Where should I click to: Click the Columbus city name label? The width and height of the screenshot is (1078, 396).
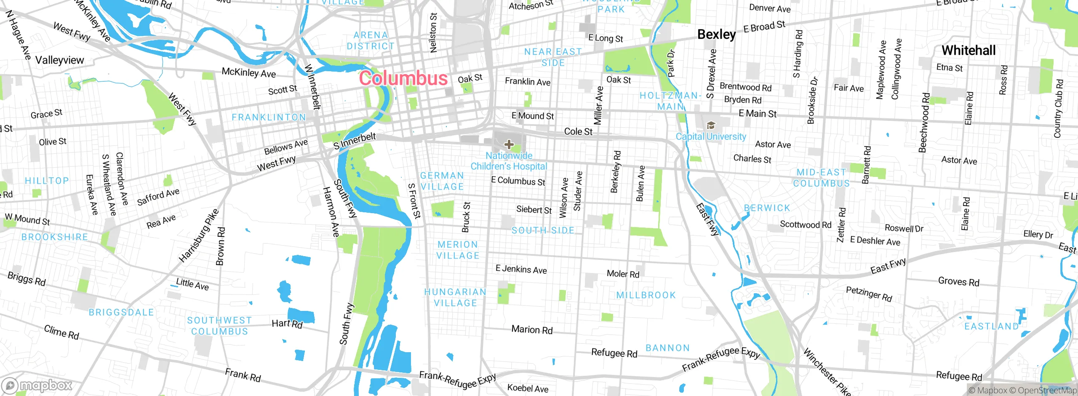pos(403,78)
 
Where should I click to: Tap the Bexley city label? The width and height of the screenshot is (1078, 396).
pos(716,34)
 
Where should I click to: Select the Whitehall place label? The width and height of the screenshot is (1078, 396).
pos(969,51)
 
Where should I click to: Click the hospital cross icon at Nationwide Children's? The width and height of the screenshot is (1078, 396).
pos(509,144)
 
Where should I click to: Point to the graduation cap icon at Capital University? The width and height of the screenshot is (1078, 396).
pos(711,126)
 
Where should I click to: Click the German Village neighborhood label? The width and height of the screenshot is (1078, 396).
pos(442,181)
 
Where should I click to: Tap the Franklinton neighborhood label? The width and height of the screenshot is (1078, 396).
pos(269,118)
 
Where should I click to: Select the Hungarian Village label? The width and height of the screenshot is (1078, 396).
pos(455,297)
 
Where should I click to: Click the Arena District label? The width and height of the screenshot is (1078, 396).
pos(371,40)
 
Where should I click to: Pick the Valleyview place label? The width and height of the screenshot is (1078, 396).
pos(59,60)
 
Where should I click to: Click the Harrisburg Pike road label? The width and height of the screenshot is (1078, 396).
pos(199,235)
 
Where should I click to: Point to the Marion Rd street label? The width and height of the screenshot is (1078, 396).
pos(532,330)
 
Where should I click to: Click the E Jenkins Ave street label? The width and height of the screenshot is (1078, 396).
pos(521,269)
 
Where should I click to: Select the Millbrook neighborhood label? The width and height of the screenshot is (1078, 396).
pos(646,295)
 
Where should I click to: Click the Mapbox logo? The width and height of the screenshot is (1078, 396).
pos(37,385)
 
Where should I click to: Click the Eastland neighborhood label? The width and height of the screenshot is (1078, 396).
pos(991,326)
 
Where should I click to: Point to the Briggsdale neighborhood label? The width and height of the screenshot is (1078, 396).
pos(121,313)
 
